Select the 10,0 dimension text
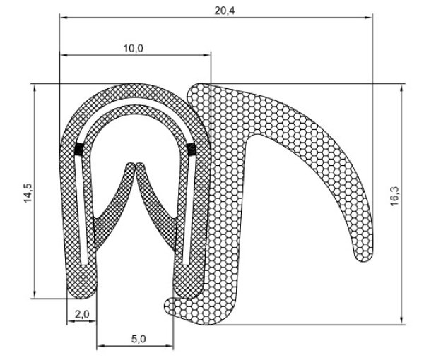tap(133, 47)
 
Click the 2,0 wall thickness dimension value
tap(82, 315)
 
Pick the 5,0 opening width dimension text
tap(138, 339)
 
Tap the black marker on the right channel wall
tap(190, 149)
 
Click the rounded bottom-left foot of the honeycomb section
tap(170, 305)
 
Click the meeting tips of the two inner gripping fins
tap(134, 168)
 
